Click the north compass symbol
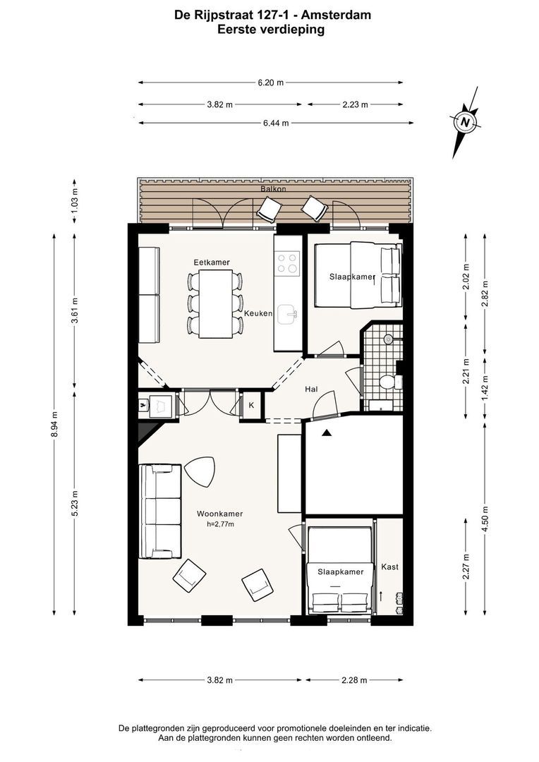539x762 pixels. (466, 123)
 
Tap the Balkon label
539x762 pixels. (273, 189)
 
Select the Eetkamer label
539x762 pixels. (212, 262)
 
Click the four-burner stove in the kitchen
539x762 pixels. (287, 263)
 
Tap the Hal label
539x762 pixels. (311, 389)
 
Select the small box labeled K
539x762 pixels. (251, 405)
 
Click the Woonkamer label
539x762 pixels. (219, 514)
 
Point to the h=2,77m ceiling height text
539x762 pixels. (220, 524)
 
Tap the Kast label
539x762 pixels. (390, 567)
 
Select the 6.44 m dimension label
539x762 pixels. (276, 123)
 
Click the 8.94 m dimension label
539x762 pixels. (55, 424)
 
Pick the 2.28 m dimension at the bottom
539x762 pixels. (354, 680)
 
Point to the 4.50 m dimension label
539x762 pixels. (485, 518)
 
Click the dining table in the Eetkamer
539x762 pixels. (214, 303)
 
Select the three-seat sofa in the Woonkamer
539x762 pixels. (160, 512)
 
